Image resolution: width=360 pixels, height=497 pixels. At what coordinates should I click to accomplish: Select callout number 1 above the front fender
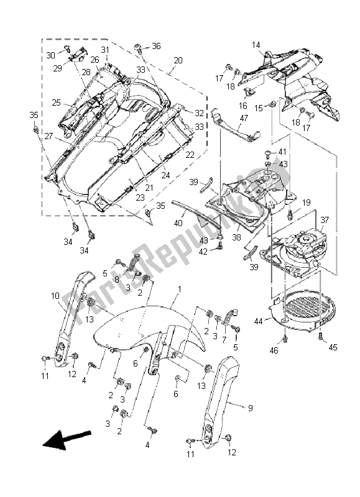(180, 290)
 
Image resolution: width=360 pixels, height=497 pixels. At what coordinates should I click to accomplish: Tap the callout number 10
(55, 296)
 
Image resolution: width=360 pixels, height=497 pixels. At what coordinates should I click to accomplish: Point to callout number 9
(233, 408)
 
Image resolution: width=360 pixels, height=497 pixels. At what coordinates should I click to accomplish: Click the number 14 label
(256, 45)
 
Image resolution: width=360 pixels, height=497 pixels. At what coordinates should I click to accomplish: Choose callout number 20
(178, 60)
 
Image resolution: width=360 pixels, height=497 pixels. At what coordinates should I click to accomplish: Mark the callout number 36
(156, 46)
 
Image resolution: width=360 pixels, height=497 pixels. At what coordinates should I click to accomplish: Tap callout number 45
(334, 347)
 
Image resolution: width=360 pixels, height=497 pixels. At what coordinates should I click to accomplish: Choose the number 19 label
(307, 203)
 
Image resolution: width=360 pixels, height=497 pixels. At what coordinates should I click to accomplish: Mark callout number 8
(116, 280)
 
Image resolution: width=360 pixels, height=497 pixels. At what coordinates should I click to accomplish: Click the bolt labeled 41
(266, 152)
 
